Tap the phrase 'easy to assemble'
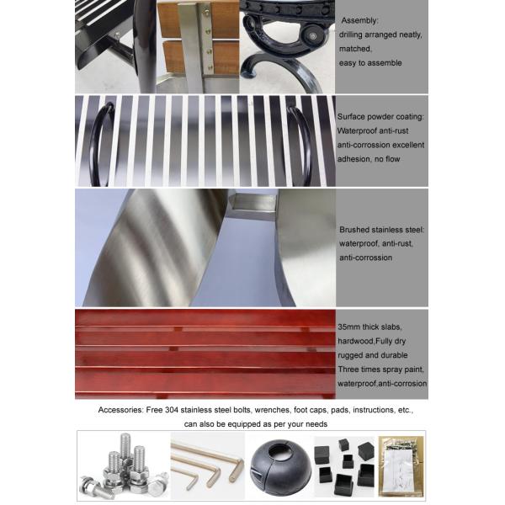tap(371, 63)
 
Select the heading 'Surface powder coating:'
tap(380, 117)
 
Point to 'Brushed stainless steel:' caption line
tap(382, 229)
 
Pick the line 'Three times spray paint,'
tap(379, 369)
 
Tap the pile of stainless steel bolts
tap(122, 467)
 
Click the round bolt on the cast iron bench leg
tap(313, 35)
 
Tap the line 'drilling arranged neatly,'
tap(380, 35)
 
